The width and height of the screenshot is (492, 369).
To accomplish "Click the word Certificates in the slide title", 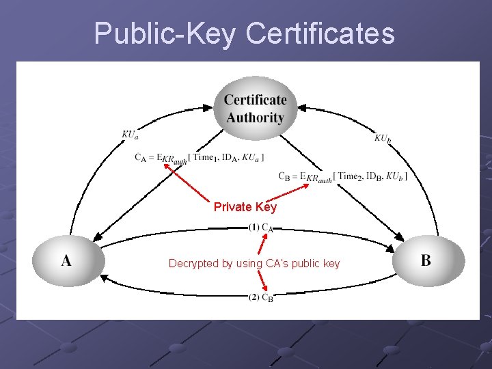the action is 320,33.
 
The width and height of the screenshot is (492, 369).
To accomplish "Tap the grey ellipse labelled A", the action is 67,260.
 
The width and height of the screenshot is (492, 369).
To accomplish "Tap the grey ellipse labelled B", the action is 427,260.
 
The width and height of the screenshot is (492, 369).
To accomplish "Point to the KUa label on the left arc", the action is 130,135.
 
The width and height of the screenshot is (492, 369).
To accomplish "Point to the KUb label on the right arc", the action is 383,139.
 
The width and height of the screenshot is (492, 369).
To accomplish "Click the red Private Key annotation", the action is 245,207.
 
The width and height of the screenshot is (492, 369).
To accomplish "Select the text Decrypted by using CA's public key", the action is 254,263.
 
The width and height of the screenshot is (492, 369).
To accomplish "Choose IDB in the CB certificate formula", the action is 373,176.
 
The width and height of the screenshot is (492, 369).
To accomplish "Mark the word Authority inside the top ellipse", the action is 255,118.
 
